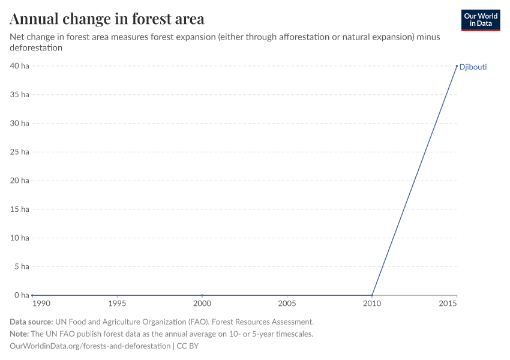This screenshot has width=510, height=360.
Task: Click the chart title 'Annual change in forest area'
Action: (x=107, y=19)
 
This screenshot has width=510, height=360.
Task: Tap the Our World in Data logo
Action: (x=480, y=20)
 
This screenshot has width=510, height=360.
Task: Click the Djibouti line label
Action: (x=473, y=67)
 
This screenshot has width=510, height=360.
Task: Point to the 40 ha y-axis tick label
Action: (x=19, y=66)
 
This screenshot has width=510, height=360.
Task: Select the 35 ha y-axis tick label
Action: (x=19, y=95)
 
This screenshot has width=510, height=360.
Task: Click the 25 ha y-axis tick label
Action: (x=19, y=152)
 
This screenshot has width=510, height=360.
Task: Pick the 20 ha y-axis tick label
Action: (x=19, y=181)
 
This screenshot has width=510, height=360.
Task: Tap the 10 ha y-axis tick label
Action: (x=19, y=238)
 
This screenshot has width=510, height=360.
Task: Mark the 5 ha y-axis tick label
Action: (x=21, y=266)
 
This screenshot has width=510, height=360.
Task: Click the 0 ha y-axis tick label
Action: (x=21, y=295)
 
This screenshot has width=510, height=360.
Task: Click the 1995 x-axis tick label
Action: (x=117, y=304)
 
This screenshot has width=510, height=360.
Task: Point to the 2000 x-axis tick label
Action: (x=202, y=304)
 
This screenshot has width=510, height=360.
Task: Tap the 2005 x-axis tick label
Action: (x=287, y=304)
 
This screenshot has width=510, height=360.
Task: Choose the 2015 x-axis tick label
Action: (x=449, y=304)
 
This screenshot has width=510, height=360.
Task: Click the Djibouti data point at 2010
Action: (x=372, y=295)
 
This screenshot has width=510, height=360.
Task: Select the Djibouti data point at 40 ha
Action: (x=457, y=66)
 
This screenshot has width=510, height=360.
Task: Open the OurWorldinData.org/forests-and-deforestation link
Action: (x=90, y=346)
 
